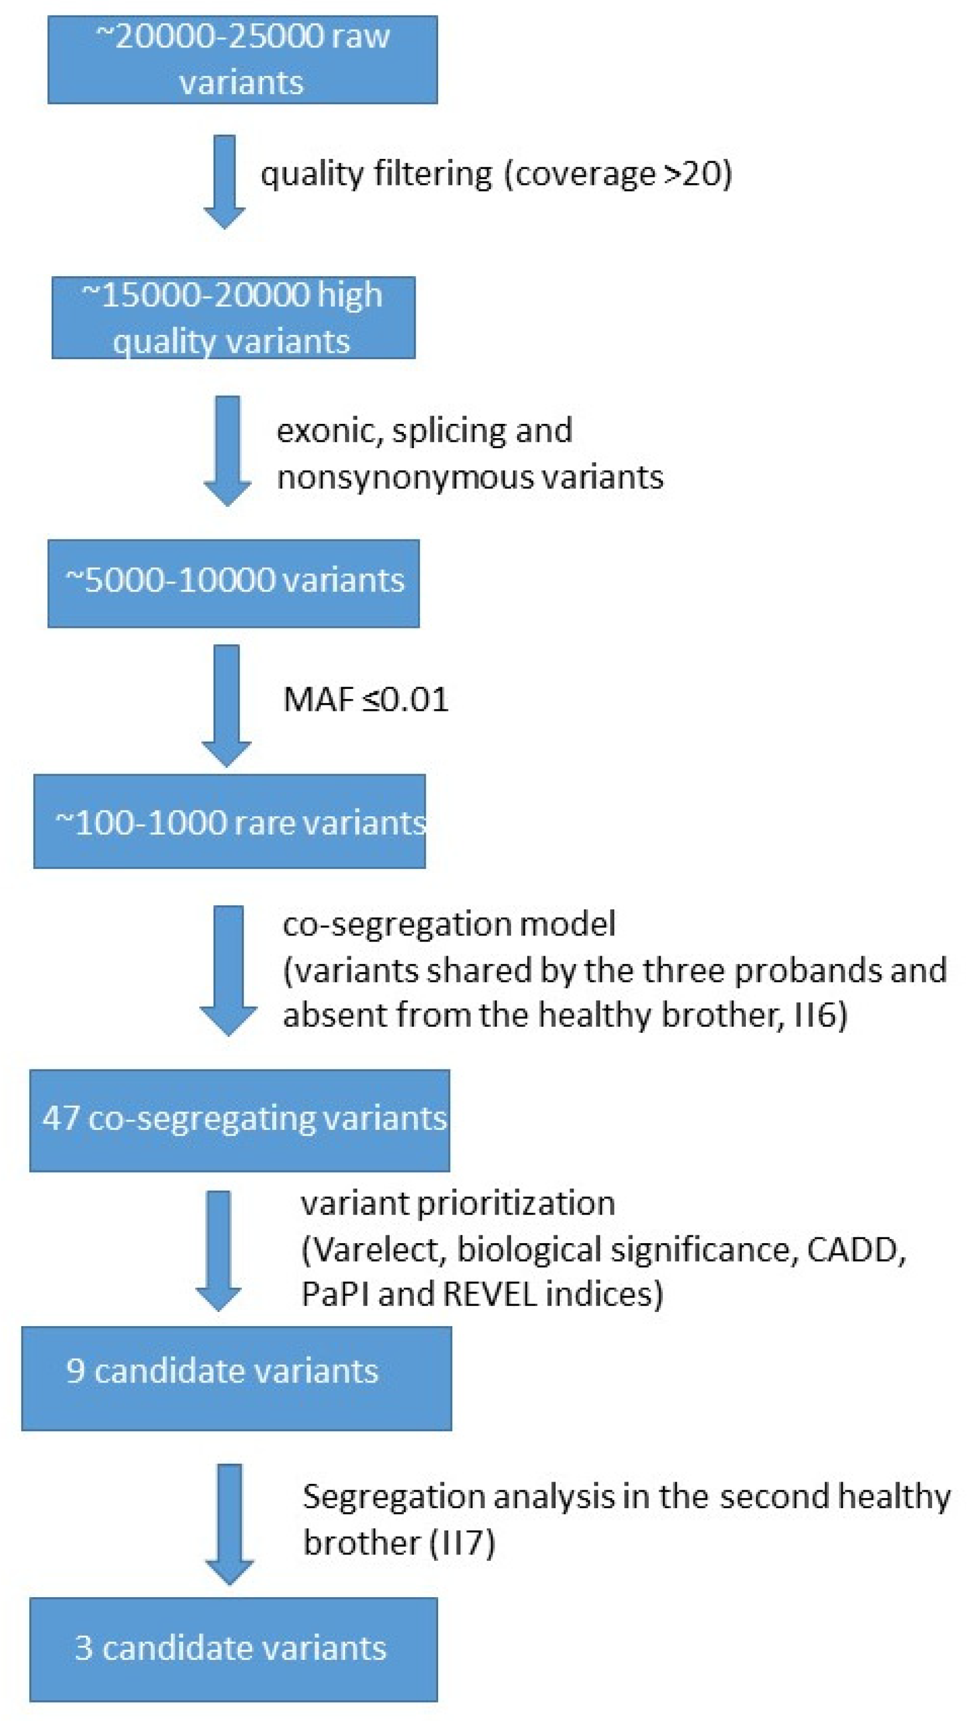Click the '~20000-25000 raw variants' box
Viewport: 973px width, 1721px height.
click(243, 59)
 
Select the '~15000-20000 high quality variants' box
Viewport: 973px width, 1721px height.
click(233, 317)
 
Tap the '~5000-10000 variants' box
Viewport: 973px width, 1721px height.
click(233, 583)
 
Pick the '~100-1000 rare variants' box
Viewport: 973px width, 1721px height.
click(229, 821)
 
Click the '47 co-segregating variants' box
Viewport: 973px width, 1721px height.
click(239, 1120)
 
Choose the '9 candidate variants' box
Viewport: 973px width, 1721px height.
click(237, 1378)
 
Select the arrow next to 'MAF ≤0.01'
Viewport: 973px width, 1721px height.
click(227, 705)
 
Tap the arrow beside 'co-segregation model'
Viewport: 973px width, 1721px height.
click(228, 969)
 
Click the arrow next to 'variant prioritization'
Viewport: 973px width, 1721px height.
click(219, 1249)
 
